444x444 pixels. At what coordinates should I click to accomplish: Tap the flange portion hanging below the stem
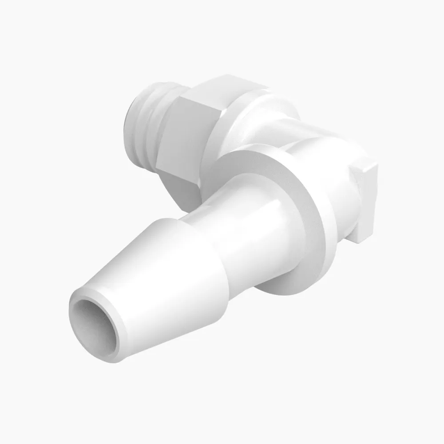284,284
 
